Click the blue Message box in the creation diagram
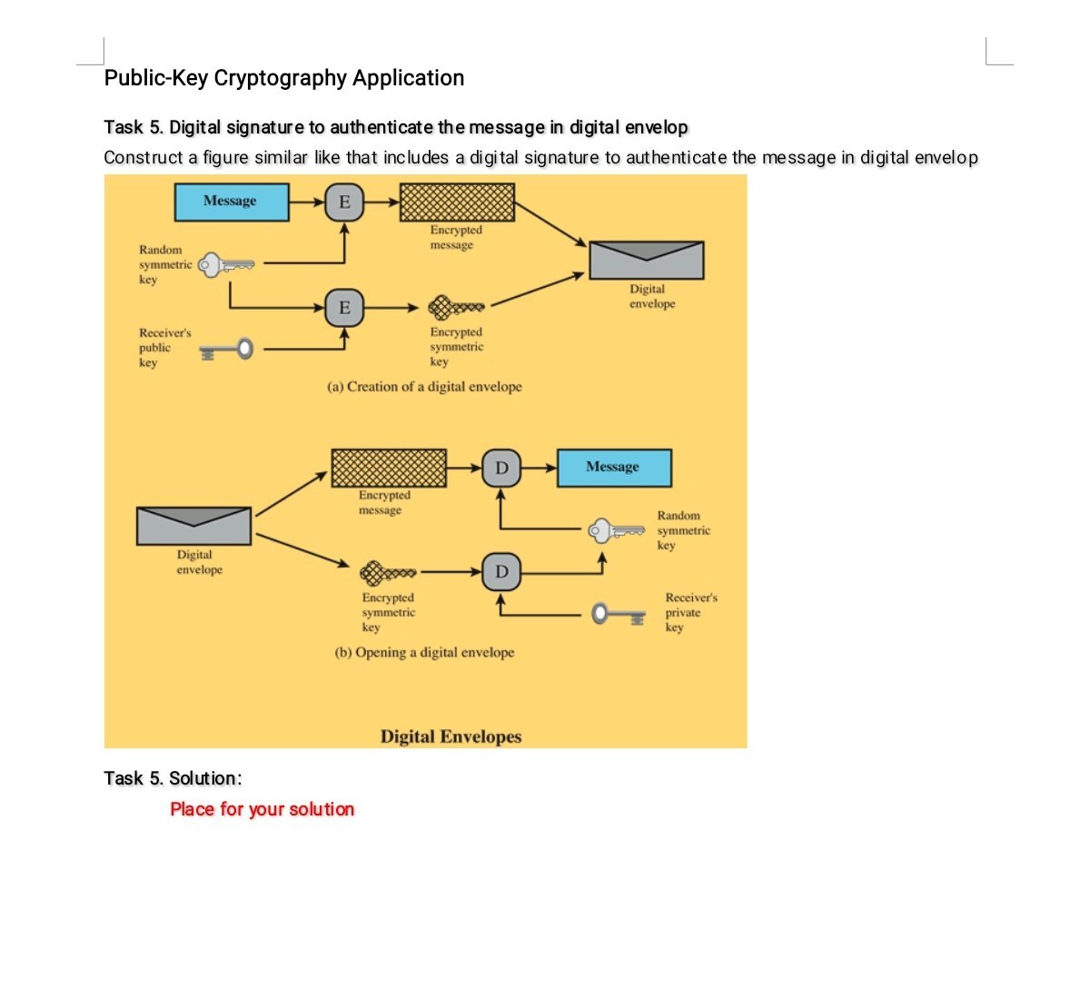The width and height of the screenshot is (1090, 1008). [231, 202]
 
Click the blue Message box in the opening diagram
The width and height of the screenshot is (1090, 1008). [613, 468]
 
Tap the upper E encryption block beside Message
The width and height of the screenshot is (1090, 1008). [344, 202]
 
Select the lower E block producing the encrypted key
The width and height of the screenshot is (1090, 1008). [344, 308]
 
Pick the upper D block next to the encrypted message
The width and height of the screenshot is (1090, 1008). [501, 469]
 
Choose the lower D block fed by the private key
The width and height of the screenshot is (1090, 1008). [501, 572]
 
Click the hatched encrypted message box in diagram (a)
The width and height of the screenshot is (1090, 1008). [457, 202]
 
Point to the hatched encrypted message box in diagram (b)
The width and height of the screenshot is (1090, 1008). [389, 469]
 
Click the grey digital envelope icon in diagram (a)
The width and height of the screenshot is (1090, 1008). [647, 261]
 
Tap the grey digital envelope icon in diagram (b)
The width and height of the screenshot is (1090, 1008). [193, 527]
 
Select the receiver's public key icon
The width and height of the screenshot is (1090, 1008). [226, 350]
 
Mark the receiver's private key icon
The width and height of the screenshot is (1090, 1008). [619, 615]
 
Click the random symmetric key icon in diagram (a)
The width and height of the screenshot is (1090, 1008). [226, 265]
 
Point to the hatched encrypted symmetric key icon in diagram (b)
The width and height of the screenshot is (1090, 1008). [388, 573]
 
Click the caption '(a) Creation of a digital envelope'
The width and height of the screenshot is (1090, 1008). [424, 387]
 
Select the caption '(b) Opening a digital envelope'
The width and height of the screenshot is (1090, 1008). [424, 653]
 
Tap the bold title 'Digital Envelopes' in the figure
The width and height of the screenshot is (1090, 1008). [451, 736]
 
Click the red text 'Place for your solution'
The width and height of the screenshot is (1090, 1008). [262, 809]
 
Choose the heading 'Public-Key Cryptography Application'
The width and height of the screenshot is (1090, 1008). [284, 78]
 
